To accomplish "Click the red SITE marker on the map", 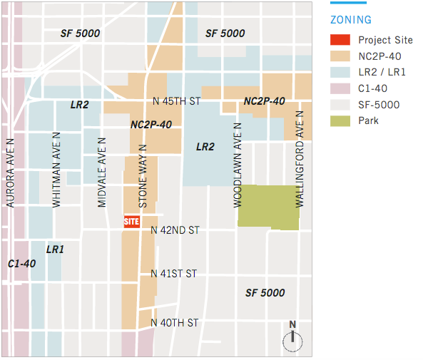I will click(131, 221).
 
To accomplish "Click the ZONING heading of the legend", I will click(351, 21).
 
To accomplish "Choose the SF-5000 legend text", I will click(379, 105).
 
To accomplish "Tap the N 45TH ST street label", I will click(175, 101).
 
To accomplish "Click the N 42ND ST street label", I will click(175, 230).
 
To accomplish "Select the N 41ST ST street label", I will click(174, 274).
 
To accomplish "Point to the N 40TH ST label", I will click(175, 323).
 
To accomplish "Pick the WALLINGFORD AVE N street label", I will click(300, 155).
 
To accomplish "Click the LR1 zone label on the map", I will click(55, 250).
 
